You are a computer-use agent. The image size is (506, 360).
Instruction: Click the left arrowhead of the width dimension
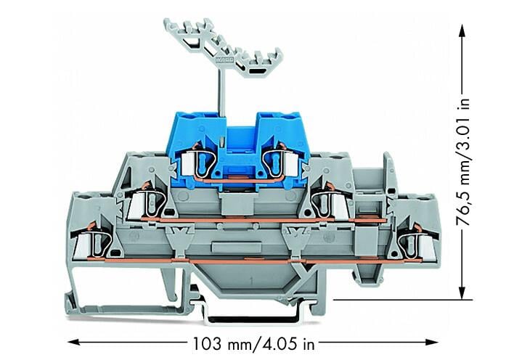click(73, 342)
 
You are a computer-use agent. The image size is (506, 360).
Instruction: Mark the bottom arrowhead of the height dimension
click(462, 292)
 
